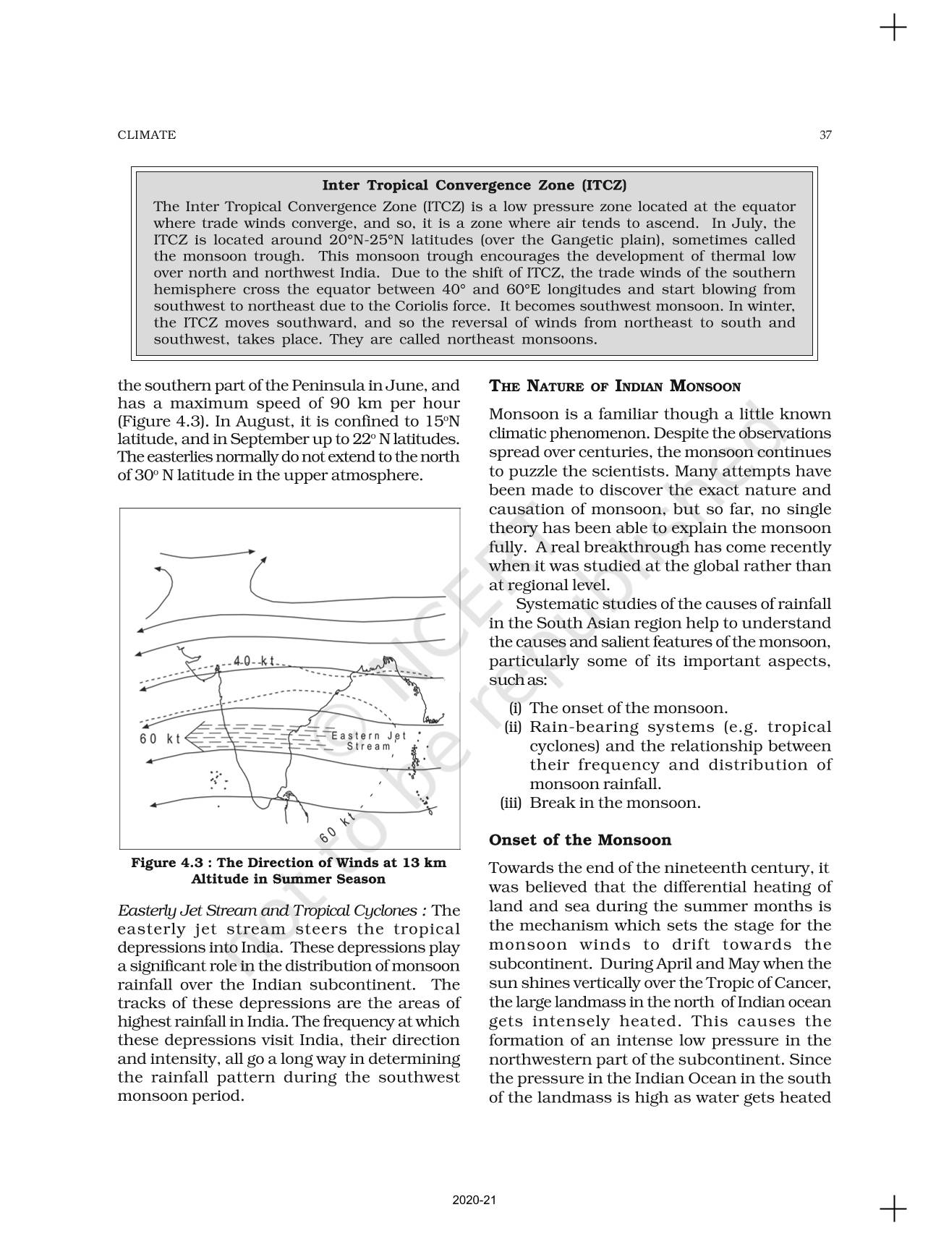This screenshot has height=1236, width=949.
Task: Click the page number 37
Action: tap(825, 135)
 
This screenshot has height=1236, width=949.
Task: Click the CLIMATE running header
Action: tap(146, 135)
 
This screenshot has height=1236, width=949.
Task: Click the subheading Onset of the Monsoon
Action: tap(580, 840)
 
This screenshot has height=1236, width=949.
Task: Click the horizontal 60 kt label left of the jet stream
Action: tap(160, 738)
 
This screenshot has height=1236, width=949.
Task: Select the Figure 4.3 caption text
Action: tap(289, 871)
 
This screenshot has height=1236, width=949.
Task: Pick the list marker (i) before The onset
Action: tap(514, 708)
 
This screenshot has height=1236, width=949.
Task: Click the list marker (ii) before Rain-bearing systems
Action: tap(513, 727)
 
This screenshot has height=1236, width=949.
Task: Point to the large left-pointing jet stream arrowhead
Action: tap(194, 738)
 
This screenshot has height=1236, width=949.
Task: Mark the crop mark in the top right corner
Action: tap(893, 28)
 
